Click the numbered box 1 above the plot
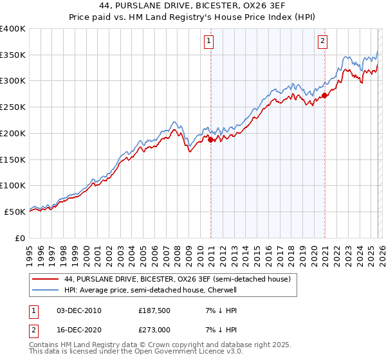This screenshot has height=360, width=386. pyautogui.click(x=210, y=42)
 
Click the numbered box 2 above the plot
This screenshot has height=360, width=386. pyautogui.click(x=322, y=42)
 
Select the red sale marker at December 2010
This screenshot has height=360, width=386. pyautogui.click(x=210, y=139)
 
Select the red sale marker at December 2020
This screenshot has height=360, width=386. pyautogui.click(x=324, y=94)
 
